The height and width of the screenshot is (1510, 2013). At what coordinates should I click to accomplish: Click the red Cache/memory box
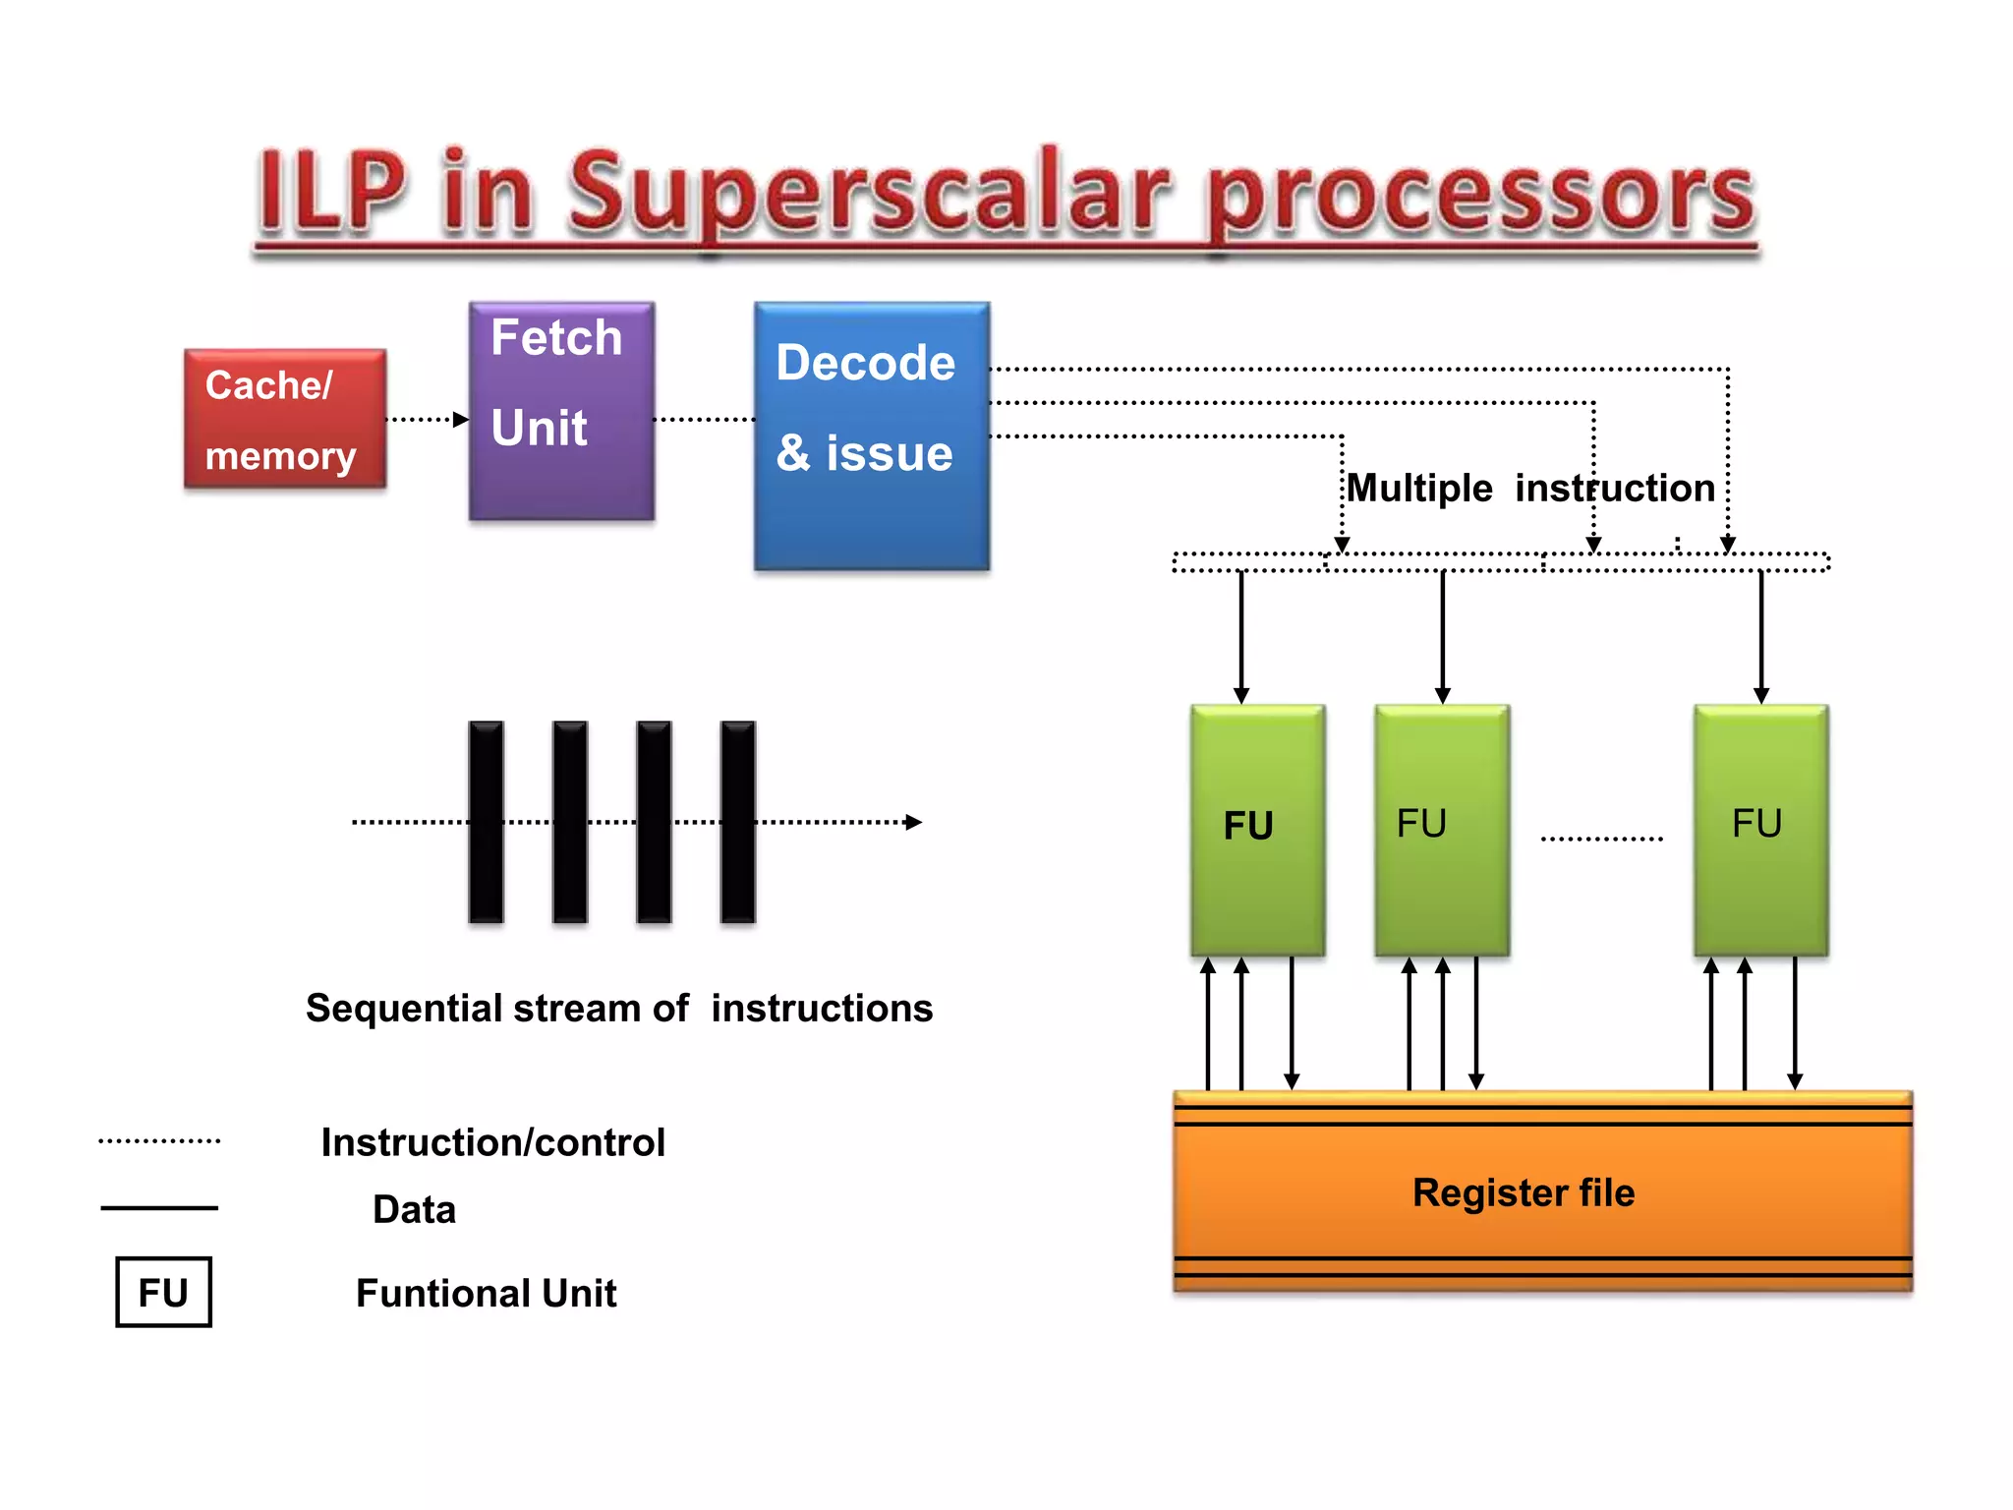284,419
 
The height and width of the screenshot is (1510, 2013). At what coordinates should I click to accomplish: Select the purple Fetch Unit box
561,411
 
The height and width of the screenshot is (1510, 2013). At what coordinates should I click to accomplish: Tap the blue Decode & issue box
872,436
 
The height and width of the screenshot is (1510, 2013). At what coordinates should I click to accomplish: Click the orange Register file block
1542,1191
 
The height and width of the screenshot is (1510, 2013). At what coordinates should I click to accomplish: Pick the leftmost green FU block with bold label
1257,830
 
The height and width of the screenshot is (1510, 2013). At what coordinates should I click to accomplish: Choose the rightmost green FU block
1760,830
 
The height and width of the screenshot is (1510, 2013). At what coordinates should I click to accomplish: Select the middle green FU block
1441,830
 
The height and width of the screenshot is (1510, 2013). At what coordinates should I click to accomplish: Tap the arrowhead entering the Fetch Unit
461,420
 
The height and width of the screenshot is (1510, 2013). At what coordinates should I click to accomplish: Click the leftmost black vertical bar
486,822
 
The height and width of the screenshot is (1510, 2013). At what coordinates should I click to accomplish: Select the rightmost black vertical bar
737,822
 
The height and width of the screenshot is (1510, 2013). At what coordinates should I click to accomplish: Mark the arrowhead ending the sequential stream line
913,822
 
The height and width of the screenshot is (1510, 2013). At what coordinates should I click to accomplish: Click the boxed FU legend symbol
163,1292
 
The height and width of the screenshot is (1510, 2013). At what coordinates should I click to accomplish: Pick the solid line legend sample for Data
159,1207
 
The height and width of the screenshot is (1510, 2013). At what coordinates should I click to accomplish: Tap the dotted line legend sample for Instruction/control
159,1141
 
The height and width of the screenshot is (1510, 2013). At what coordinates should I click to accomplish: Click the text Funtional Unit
486,1293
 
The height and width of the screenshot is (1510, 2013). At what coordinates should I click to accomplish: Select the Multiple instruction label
1529,488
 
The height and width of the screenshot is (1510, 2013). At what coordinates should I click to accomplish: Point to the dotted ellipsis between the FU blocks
1601,839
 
